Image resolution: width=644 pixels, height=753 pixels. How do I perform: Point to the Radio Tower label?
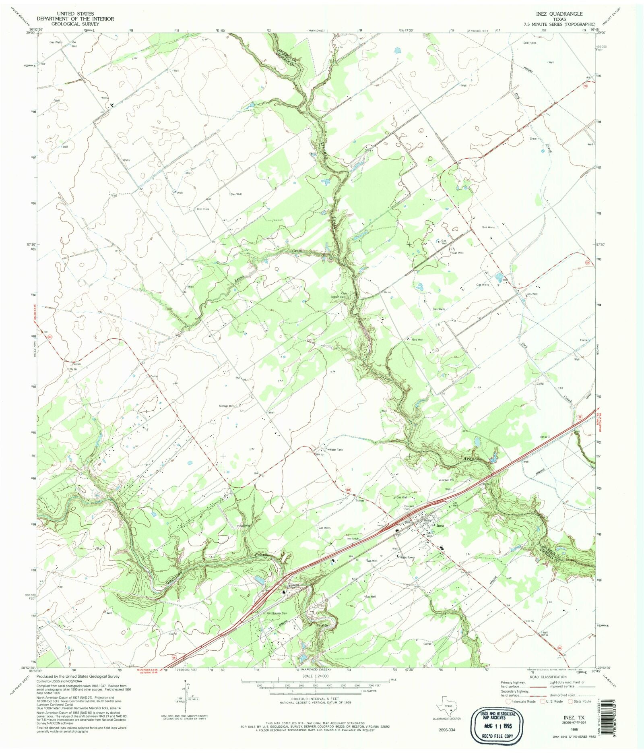[x=407, y=558]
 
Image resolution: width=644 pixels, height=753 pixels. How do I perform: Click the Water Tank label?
[x=336, y=449]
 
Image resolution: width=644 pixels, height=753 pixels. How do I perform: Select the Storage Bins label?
[x=227, y=406]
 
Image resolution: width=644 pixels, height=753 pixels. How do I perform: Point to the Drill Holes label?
[x=530, y=43]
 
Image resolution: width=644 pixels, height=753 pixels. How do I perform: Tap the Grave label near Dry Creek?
[x=533, y=139]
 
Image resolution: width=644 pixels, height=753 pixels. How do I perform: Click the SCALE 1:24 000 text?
[x=315, y=676]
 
